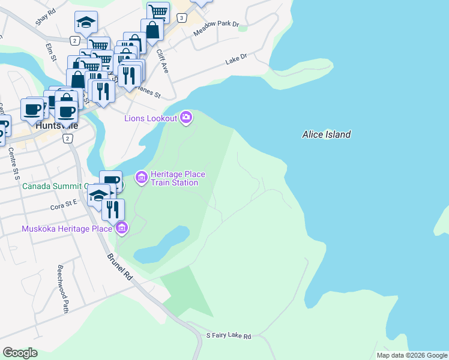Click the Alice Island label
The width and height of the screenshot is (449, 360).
(326, 135)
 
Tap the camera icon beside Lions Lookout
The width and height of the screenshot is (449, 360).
(186, 117)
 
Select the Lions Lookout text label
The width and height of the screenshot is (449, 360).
(151, 118)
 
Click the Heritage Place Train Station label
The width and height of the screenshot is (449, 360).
(178, 178)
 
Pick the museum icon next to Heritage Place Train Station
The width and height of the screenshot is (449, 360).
(142, 177)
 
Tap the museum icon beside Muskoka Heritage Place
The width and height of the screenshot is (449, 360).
(122, 227)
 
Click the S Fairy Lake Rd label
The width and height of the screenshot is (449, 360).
(228, 336)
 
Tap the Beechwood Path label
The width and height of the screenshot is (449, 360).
(62, 289)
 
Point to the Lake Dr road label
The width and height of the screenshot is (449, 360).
(236, 59)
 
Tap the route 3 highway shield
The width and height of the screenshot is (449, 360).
(181, 19)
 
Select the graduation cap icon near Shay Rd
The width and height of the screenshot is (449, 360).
(86, 23)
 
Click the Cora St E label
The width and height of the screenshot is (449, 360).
(64, 205)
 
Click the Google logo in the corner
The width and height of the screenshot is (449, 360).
(20, 353)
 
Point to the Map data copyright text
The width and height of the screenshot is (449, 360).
(412, 355)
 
